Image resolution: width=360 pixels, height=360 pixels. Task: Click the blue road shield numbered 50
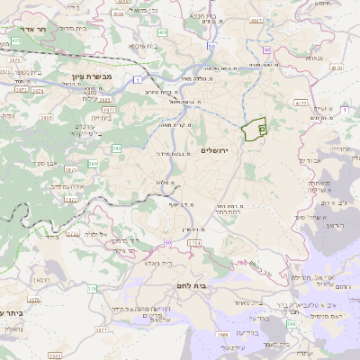(x=211, y=45)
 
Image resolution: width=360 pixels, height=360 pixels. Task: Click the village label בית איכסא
(x=145, y=45)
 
